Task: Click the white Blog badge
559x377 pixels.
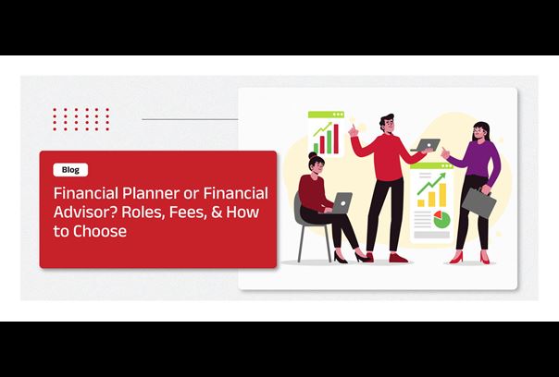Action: [x=70, y=170]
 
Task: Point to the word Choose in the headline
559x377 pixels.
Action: [x=100, y=231]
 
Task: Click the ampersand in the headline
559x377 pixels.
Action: [x=217, y=213]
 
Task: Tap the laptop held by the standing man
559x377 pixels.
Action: [x=426, y=145]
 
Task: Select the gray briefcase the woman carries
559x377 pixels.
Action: [x=479, y=201]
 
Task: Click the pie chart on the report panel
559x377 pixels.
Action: [x=441, y=219]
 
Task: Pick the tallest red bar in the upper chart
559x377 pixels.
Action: [x=336, y=139]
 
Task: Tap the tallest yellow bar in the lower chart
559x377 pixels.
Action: [x=442, y=195]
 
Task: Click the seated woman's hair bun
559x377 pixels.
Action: [x=313, y=155]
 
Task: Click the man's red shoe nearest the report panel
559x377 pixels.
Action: [x=398, y=258]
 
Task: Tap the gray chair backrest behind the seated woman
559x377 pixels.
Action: [x=298, y=209]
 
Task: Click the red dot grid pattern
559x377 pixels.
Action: [x=81, y=119]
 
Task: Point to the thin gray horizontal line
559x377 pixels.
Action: [x=190, y=119]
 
